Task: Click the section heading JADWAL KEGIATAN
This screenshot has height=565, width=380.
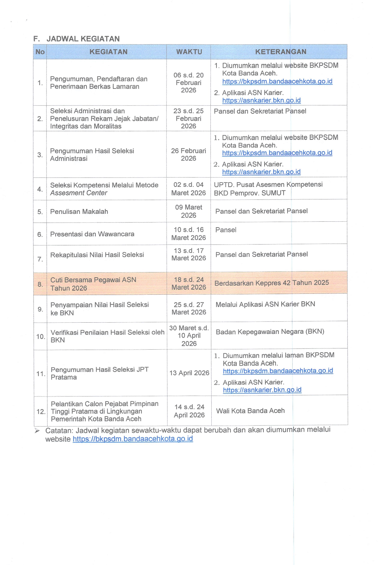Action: click(83, 39)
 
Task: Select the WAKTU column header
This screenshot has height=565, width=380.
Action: click(189, 52)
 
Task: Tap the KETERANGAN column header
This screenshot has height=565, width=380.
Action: click(281, 52)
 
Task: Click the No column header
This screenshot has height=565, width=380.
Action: click(40, 52)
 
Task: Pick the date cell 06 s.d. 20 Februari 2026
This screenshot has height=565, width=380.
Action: click(188, 83)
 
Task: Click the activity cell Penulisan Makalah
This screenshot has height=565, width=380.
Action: click(79, 211)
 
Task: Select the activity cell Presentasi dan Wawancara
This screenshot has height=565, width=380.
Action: click(92, 234)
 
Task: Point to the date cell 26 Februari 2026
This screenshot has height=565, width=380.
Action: click(188, 154)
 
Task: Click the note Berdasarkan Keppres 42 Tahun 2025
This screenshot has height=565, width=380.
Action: click(272, 283)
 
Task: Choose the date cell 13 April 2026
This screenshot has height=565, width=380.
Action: click(189, 373)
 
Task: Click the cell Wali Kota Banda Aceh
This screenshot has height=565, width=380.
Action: click(250, 411)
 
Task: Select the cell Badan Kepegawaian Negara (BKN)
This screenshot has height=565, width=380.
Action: click(270, 332)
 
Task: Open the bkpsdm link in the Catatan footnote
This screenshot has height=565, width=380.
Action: click(133, 439)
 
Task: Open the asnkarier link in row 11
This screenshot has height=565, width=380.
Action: click(262, 390)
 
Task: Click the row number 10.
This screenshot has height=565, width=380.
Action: click(41, 336)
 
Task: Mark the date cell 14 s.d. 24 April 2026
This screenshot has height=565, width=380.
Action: click(189, 411)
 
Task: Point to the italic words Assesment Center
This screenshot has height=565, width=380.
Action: click(79, 193)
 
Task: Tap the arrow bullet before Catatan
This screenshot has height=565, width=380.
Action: click(37, 431)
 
